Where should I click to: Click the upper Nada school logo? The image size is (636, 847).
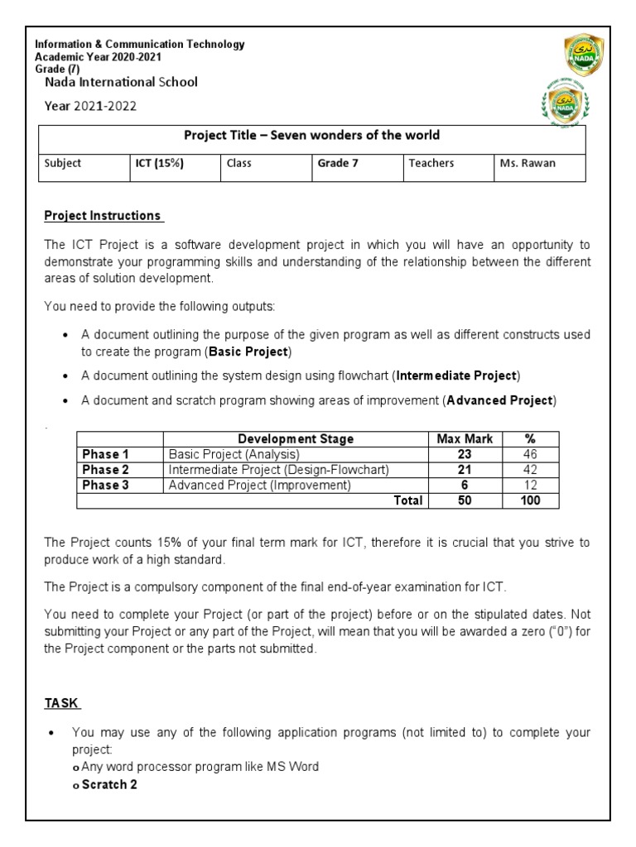[585, 56]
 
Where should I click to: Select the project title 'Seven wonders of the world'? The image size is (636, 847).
[311, 136]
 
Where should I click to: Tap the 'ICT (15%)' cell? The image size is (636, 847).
[159, 164]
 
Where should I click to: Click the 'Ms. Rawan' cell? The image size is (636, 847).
[528, 164]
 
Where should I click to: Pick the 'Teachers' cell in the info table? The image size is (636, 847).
[431, 164]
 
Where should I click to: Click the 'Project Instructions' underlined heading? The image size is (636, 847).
[104, 216]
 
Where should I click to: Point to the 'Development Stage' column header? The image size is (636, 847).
[295, 439]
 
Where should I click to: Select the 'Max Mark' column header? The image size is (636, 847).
[465, 439]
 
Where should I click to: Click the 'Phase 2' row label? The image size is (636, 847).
[106, 470]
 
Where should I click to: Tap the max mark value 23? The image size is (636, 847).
[465, 454]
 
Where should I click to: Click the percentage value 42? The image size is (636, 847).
[530, 470]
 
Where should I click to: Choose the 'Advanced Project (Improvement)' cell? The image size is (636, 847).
[260, 486]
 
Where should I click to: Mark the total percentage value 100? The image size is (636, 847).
[530, 500]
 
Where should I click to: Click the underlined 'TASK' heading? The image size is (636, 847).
[61, 704]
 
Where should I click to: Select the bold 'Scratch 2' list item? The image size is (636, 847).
[109, 784]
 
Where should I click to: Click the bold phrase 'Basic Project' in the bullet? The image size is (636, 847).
[248, 352]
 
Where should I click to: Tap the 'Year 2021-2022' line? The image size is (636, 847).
[90, 106]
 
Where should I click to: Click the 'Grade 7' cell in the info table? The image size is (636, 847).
[338, 164]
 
